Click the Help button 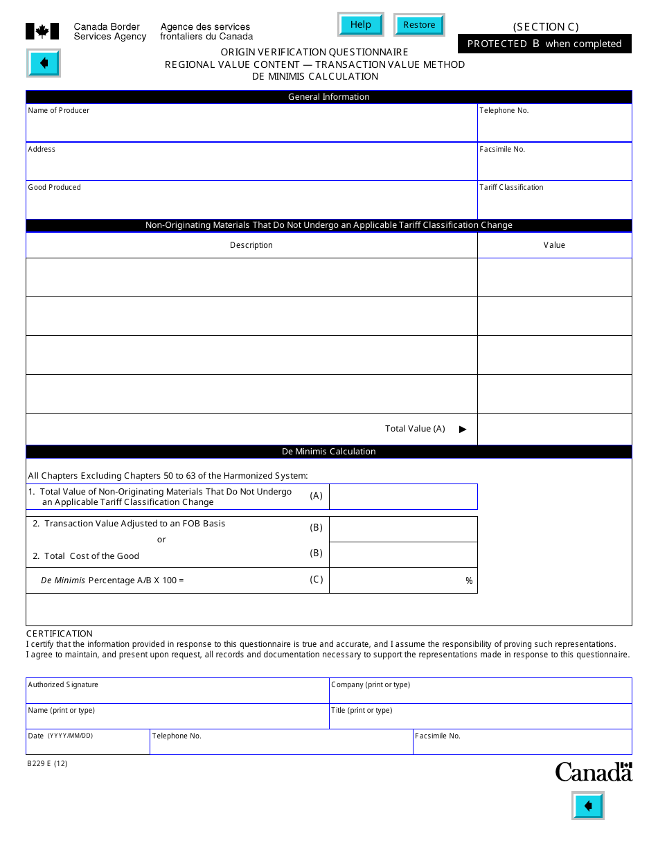tap(360, 25)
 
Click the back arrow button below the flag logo tap(44, 64)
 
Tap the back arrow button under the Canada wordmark tap(587, 806)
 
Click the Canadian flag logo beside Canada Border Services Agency tap(42, 31)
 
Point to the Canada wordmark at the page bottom tap(594, 772)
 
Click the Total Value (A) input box tap(554, 429)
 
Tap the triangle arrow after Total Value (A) tap(463, 429)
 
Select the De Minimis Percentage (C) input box tap(395, 580)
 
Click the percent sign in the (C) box tap(469, 581)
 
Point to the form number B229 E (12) tap(48, 764)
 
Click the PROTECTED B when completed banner tap(544, 44)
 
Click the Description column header tap(251, 245)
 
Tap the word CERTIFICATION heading tap(60, 633)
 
